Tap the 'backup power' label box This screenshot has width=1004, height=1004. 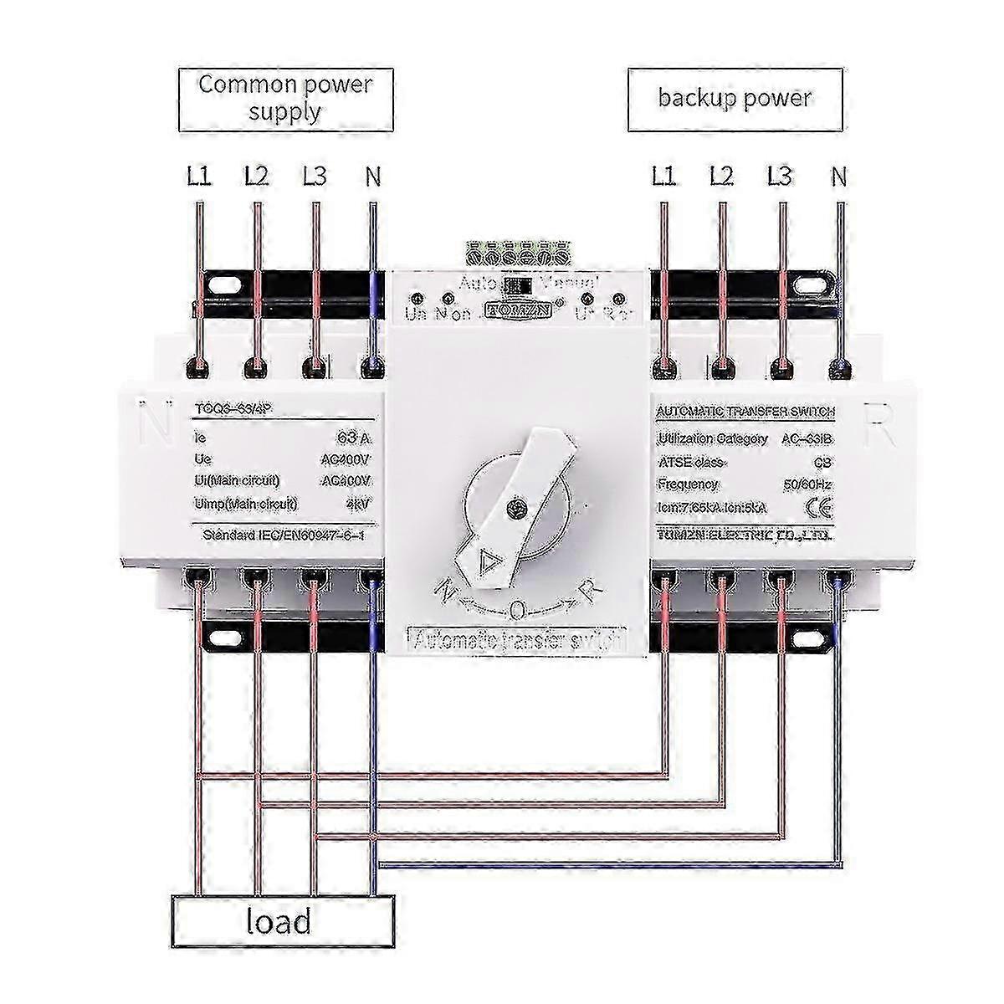click(734, 98)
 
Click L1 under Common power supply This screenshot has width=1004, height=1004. click(198, 177)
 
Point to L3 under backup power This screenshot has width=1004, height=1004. click(779, 177)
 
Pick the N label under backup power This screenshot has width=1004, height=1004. click(838, 177)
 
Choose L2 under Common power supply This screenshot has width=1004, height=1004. click(256, 177)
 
